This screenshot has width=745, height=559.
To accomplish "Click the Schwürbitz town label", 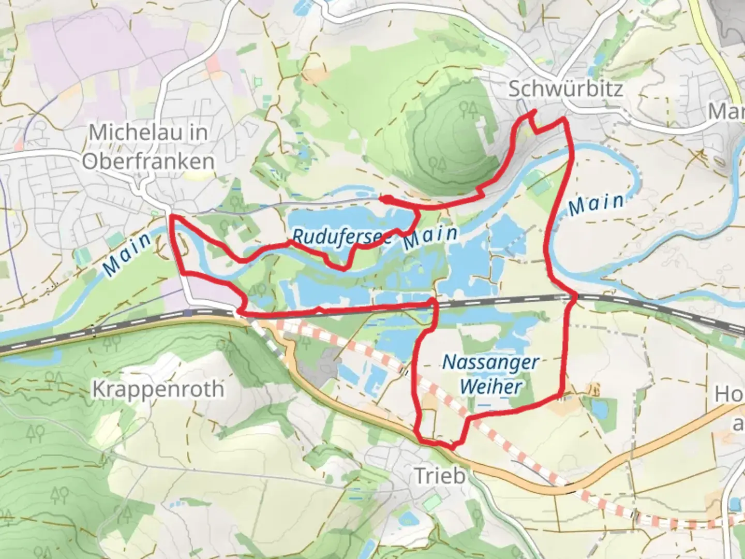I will (565, 89).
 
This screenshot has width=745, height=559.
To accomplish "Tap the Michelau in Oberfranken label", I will (148, 146).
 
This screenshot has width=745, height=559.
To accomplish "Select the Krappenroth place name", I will (158, 389).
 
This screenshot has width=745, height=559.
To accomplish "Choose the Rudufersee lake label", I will (341, 237).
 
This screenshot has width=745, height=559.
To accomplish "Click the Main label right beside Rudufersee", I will (430, 237).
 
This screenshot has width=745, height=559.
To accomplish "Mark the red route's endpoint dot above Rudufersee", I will (384, 198).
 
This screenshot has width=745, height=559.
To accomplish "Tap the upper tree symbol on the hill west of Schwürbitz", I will (469, 109).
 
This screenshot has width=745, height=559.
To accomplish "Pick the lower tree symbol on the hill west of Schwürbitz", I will (440, 165).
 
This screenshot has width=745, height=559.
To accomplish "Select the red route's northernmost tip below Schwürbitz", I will (531, 112).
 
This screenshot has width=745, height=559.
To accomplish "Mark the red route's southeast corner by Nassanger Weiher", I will (561, 398).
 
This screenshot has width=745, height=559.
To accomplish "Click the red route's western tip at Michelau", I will (171, 216).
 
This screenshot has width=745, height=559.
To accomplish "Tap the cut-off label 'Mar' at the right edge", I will (726, 111).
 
